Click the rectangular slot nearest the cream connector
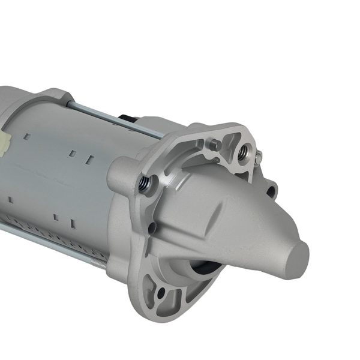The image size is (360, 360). (28, 137)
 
